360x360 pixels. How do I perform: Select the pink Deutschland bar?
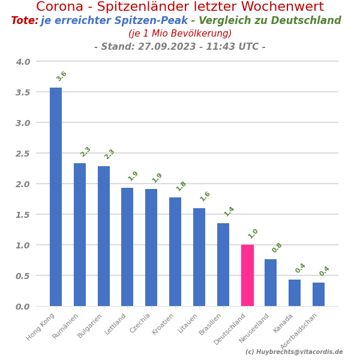click(247, 275)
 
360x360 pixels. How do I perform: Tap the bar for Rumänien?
click(80, 235)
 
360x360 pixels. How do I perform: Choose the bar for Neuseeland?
click(271, 283)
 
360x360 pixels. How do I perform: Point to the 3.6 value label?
click(62, 76)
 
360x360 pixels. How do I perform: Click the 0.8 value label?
click(277, 248)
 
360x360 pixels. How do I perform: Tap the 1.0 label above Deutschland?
click(253, 233)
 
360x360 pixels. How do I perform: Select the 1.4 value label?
click(229, 211)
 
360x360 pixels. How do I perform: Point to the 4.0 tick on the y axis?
click(23, 62)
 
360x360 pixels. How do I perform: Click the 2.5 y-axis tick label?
click(23, 154)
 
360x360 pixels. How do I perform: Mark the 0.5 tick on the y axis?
click(23, 276)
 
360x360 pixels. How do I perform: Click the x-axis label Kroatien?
click(164, 323)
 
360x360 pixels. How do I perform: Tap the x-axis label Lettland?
click(116, 323)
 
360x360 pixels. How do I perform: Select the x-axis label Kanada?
click(284, 322)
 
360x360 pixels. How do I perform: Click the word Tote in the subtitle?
click(23, 21)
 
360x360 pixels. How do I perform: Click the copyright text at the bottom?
click(294, 352)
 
